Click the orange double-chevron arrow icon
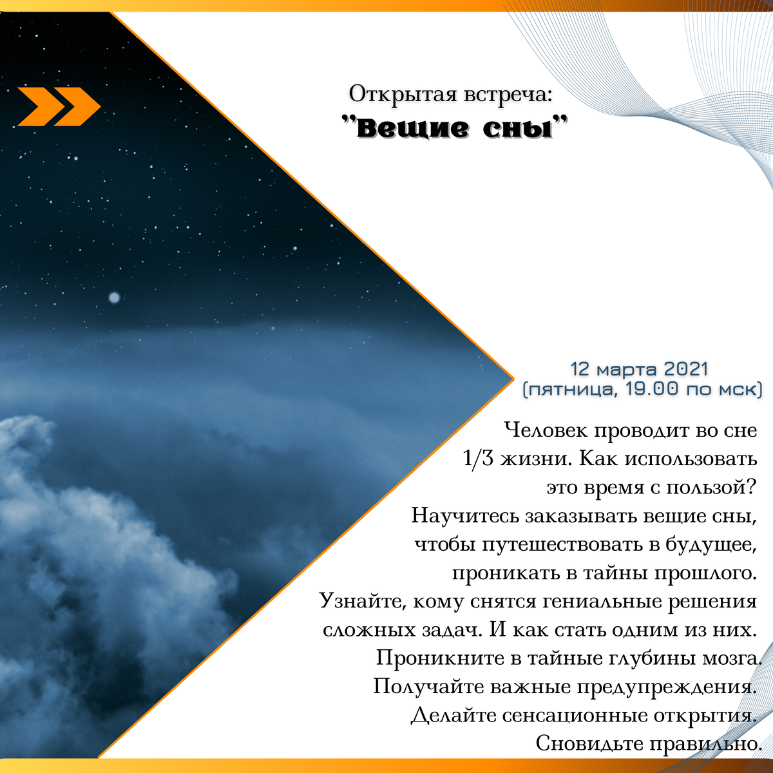pyautogui.click(x=59, y=106)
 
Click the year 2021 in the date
pyautogui.click(x=686, y=369)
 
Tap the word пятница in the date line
pyautogui.click(x=571, y=389)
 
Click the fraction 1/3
pyautogui.click(x=478, y=458)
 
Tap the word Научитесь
pyautogui.click(x=466, y=515)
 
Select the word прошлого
pyautogui.click(x=705, y=573)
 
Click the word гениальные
pyautogui.click(x=602, y=601)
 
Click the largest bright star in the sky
pyautogui.click(x=114, y=298)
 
